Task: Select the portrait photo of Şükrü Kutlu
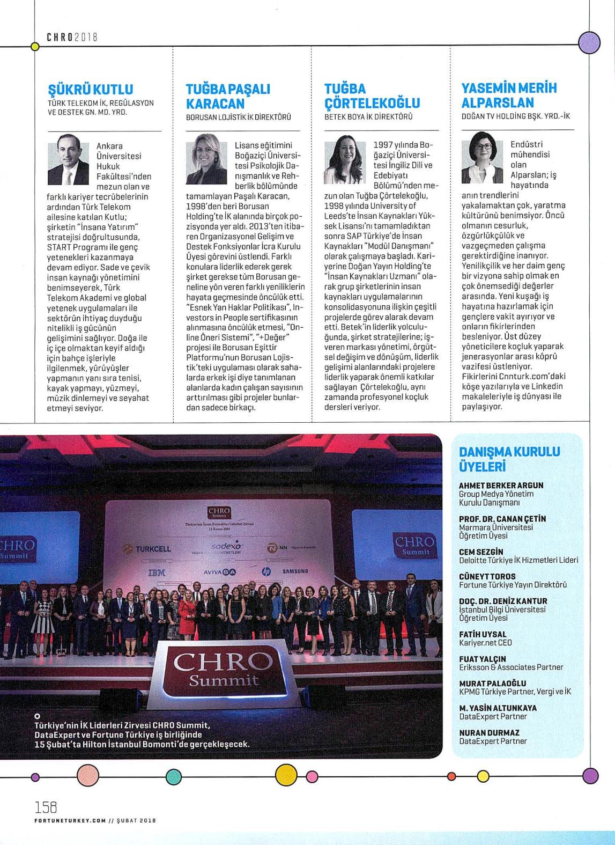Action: (68, 159)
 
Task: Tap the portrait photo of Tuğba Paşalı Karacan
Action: (206, 163)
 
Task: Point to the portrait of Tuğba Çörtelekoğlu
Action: (345, 163)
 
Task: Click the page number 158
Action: (46, 806)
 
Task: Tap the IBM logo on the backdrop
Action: (156, 573)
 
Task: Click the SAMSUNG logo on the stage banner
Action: (295, 571)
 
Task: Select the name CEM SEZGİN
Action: (481, 552)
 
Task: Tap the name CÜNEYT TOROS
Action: (487, 577)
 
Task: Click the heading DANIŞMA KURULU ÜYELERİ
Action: (509, 459)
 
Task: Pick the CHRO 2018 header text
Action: (71, 37)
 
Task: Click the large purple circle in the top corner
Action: (589, 42)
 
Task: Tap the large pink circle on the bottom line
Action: (88, 775)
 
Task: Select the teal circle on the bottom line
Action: (174, 776)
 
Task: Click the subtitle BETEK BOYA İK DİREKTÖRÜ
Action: (369, 116)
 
